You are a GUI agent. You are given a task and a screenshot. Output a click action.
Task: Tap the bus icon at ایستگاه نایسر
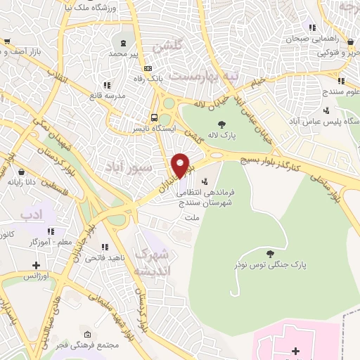153,117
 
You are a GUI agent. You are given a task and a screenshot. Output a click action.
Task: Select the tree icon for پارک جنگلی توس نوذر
271,253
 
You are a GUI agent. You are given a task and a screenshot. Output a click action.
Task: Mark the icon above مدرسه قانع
107,84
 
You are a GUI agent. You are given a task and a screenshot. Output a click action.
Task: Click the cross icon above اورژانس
36,266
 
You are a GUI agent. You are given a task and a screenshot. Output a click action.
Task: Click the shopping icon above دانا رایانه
21,171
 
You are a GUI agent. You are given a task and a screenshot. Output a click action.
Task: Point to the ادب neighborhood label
32,212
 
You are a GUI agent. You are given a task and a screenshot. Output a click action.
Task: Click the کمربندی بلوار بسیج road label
270,163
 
